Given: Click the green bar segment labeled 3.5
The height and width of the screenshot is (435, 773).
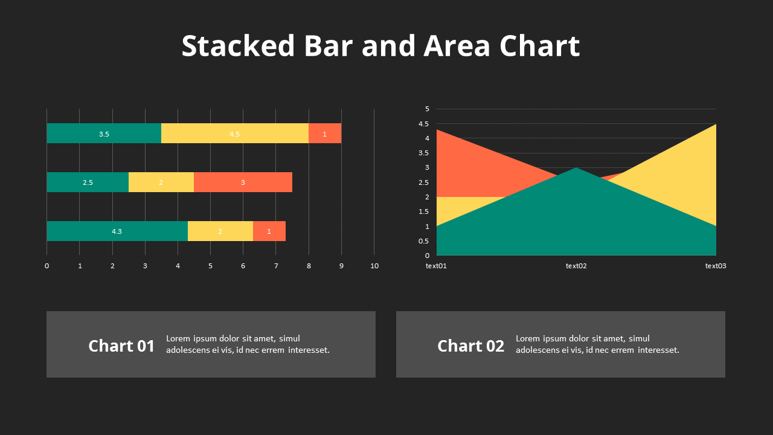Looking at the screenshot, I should (104, 134).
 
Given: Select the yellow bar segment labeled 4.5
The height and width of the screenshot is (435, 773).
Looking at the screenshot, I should (234, 134).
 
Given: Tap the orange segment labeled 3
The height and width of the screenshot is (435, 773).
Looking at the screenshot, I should (243, 182).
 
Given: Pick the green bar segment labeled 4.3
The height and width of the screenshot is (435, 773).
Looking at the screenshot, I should (117, 231).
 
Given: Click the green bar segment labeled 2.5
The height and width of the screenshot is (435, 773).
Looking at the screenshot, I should (88, 182).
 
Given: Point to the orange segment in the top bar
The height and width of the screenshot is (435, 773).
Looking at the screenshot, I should (325, 134).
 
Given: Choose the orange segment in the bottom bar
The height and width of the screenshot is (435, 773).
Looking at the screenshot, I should (269, 231).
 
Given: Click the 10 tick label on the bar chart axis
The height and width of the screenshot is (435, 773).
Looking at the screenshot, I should (374, 266).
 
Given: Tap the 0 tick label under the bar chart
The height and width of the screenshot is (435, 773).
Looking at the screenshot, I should (47, 266).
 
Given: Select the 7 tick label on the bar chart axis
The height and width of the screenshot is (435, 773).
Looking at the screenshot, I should (276, 266).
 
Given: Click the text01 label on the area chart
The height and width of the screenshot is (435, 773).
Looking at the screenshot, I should (436, 266).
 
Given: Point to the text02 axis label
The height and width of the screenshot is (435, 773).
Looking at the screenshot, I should (576, 266).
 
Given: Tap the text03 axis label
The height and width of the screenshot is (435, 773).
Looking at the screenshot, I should (716, 266).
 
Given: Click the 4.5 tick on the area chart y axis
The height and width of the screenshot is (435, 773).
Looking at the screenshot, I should (423, 124).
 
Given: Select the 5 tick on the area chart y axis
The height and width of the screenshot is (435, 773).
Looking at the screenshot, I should (427, 109).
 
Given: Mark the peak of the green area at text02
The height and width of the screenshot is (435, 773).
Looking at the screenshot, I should (576, 169).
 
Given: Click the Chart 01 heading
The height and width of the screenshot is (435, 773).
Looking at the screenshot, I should (121, 346).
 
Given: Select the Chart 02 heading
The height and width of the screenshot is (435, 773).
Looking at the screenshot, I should (470, 346).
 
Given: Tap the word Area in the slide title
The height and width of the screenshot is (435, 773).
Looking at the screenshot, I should (457, 46).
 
